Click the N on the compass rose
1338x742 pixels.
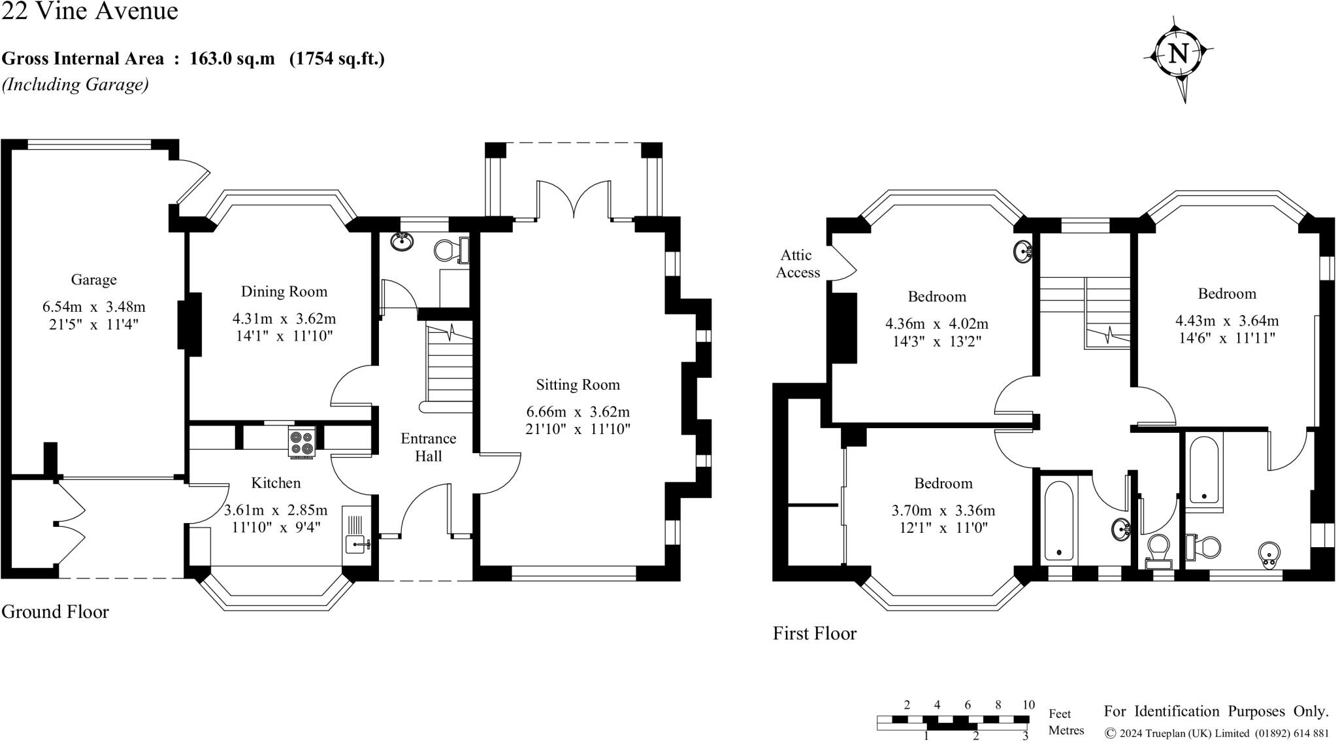click(1178, 53)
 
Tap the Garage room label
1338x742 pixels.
click(93, 280)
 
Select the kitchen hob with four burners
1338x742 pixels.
click(302, 442)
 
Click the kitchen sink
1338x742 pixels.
click(357, 535)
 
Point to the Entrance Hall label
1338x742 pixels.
click(429, 447)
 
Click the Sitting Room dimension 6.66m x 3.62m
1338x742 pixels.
click(578, 412)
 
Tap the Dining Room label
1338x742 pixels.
click(284, 292)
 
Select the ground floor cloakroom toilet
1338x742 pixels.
click(453, 250)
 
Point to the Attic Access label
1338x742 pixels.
click(798, 263)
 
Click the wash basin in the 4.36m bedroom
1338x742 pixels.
click(1023, 250)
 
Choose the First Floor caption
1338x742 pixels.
click(815, 633)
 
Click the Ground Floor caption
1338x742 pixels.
click(55, 611)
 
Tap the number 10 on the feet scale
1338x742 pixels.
click(1028, 705)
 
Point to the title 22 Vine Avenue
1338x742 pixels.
click(90, 11)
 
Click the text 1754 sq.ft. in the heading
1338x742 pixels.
click(337, 59)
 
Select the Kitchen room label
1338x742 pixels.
click(276, 483)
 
